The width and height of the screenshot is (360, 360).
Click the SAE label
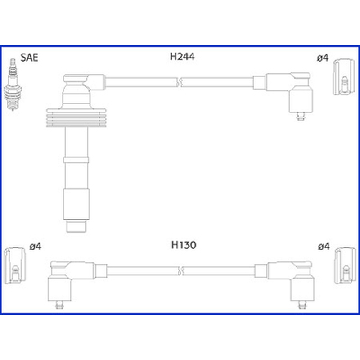(29, 58)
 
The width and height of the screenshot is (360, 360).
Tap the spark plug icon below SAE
(13, 85)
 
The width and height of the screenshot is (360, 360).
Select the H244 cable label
(182, 57)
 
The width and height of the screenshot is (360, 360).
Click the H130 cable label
(184, 245)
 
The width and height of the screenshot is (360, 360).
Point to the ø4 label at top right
(323, 58)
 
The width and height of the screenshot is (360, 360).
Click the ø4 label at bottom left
(36, 246)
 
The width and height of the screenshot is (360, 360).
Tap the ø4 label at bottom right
(324, 246)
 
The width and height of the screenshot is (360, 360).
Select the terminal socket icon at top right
(343, 76)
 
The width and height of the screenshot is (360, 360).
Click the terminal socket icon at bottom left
(15, 265)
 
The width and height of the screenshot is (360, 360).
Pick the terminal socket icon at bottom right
(345, 265)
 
